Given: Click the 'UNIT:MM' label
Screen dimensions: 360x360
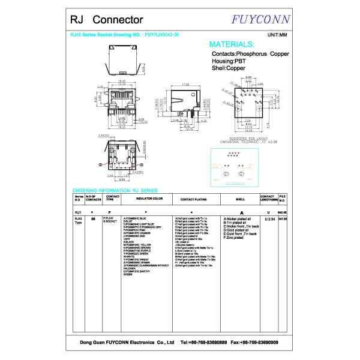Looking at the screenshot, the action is point(278,35).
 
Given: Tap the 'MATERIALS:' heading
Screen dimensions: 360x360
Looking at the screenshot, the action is point(231,44).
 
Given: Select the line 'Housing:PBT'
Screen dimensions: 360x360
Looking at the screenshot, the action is point(227,61).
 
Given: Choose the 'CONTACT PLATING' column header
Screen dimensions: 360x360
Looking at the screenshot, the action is point(194,198).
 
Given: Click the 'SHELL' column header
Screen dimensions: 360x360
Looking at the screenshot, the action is point(241,198).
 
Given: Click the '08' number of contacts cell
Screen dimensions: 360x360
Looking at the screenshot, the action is point(92,219).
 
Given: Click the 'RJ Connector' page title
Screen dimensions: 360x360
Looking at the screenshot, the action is point(100,20).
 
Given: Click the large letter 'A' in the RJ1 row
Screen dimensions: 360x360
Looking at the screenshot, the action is point(241,212).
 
